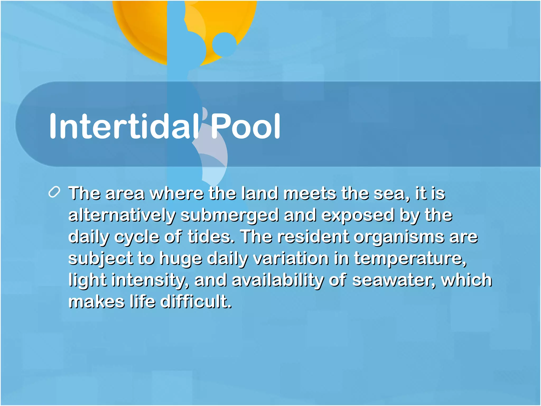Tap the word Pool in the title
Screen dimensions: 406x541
coord(246,126)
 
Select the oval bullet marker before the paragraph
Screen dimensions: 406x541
coord(55,192)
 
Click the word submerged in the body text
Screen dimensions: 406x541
coord(230,215)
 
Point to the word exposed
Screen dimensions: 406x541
coord(358,215)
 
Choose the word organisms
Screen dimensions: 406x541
coord(399,237)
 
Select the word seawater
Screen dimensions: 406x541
coord(394,280)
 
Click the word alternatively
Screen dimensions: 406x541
coord(122,215)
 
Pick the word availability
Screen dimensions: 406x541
coord(278,280)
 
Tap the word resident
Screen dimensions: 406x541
coord(313,237)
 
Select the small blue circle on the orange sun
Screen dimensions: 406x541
coord(224,44)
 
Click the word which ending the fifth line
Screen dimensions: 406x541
coord(467,280)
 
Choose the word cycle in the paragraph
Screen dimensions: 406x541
coord(137,237)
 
